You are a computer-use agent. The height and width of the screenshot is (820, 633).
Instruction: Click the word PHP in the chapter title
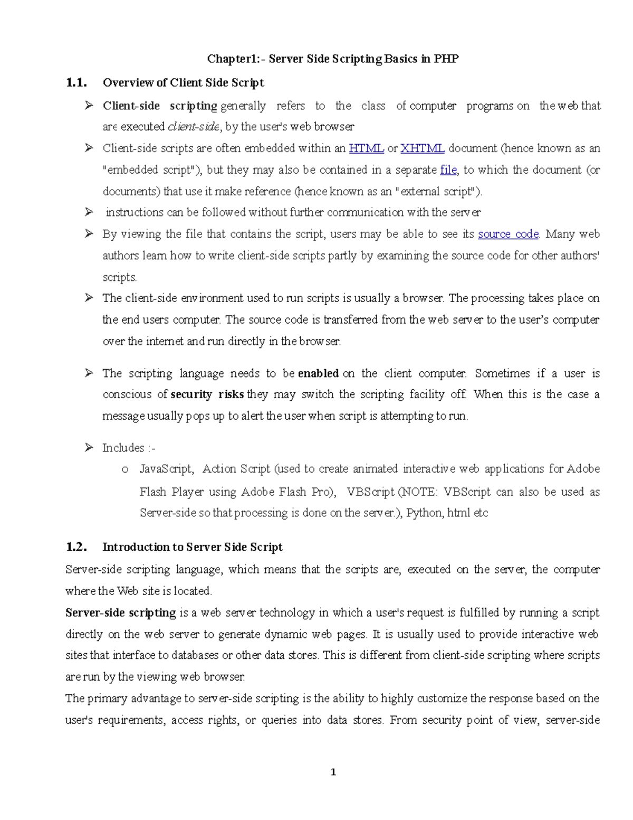[446, 59]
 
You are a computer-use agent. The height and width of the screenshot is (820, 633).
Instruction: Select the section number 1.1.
[76, 82]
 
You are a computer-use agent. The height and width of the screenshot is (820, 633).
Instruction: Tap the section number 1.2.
[76, 547]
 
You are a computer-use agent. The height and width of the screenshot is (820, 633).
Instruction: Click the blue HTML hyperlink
[366, 148]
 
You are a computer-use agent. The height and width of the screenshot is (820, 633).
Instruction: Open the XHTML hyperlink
[422, 148]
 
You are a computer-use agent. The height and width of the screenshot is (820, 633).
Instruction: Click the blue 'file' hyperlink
[448, 170]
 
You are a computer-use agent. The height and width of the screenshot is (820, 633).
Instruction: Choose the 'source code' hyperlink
[508, 234]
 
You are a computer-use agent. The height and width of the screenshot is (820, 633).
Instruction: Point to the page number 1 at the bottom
[333, 772]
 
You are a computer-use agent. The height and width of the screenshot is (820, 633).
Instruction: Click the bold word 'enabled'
[318, 374]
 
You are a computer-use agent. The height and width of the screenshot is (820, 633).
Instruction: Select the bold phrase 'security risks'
[207, 394]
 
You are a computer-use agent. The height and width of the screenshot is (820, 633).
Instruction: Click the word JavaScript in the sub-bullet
[166, 469]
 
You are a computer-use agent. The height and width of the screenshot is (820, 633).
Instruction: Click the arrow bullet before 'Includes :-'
[89, 448]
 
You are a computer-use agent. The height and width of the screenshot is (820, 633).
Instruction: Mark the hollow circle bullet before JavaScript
[125, 469]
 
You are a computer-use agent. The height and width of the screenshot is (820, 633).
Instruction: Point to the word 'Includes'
[123, 448]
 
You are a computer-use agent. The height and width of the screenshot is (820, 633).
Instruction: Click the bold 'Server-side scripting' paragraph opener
[120, 613]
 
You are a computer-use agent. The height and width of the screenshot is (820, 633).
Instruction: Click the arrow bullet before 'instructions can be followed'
[89, 212]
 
